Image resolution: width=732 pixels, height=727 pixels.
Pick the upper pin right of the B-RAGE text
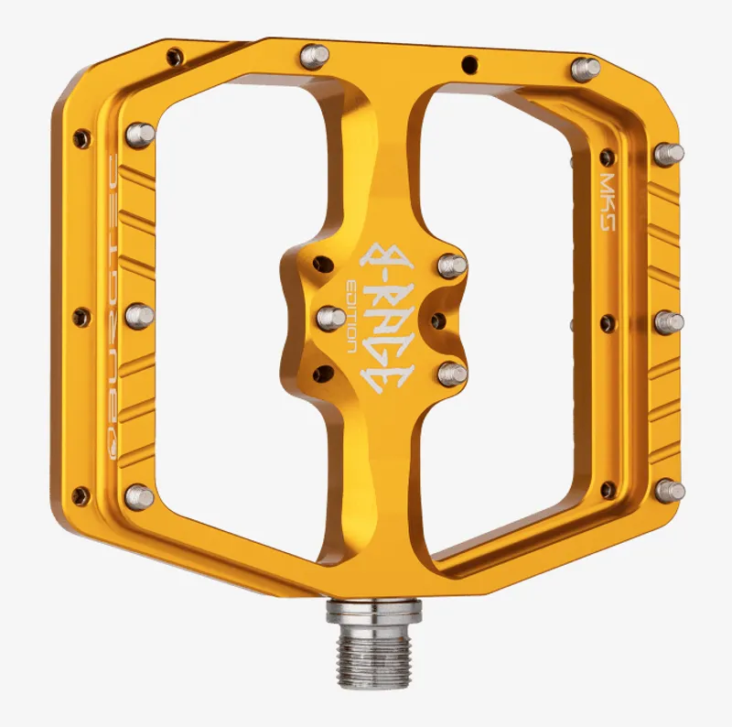click(x=452, y=266)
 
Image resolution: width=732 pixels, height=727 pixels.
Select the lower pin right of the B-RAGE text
click(x=451, y=373)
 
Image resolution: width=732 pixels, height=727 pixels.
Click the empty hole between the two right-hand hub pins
click(x=437, y=320)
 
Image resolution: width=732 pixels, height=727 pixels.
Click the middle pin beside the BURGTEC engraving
click(x=139, y=316)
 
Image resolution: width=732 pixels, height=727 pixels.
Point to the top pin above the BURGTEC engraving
click(x=140, y=135)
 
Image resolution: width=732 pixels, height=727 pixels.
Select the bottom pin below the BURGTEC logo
click(x=140, y=496)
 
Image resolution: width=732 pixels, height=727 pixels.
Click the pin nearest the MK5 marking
click(x=669, y=154)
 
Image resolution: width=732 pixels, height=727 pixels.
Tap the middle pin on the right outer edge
click(x=670, y=322)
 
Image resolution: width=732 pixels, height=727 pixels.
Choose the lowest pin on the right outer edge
click(x=671, y=490)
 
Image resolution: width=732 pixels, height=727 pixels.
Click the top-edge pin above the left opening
click(x=315, y=57)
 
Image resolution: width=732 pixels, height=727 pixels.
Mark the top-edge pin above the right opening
click(x=585, y=69)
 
